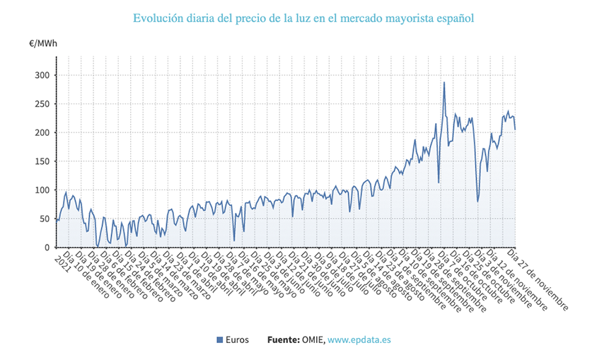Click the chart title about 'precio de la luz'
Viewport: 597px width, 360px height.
(x=303, y=17)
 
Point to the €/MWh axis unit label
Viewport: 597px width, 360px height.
(x=44, y=44)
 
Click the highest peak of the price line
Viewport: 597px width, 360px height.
(x=444, y=83)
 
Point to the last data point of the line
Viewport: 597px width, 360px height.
(x=515, y=129)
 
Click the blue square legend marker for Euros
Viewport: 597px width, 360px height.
(x=219, y=340)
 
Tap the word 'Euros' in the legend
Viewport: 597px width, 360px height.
(x=237, y=340)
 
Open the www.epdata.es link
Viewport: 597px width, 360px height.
(x=359, y=340)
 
